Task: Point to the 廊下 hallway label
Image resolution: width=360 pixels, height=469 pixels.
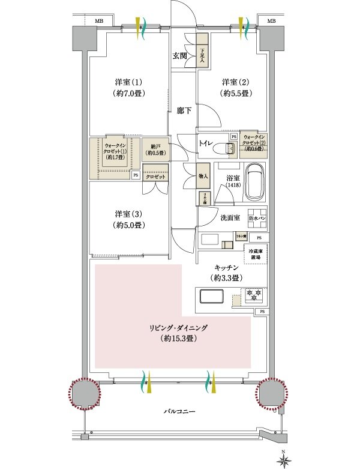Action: tap(184, 110)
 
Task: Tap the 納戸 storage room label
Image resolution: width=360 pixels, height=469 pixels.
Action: tap(155, 149)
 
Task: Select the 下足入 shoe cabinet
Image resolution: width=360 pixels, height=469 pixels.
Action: tap(203, 56)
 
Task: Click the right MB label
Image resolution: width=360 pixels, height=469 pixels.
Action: tap(271, 21)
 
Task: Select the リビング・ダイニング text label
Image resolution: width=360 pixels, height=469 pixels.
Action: tap(179, 328)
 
